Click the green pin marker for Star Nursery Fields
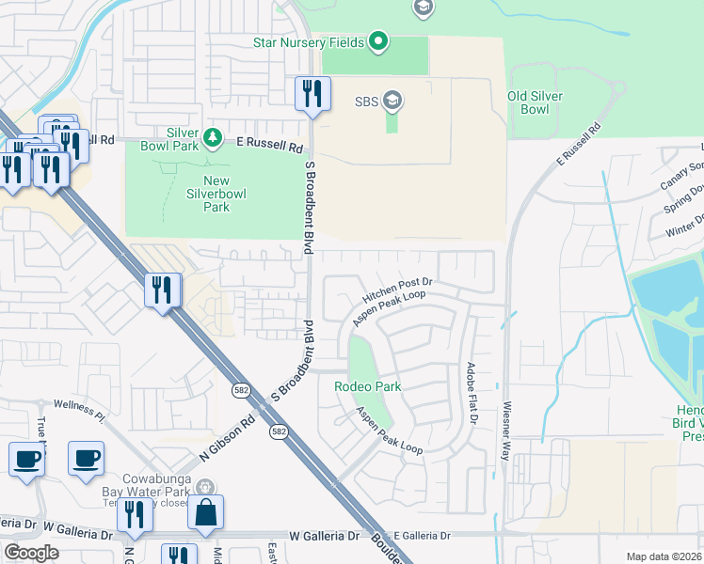pyautogui.click(x=377, y=40)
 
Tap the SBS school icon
pyautogui.click(x=392, y=100)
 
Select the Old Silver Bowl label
pyautogui.click(x=535, y=102)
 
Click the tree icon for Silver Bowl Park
pyautogui.click(x=214, y=139)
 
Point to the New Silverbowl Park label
pyautogui.click(x=203, y=194)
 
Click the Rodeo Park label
pyautogui.click(x=368, y=386)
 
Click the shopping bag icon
pyautogui.click(x=205, y=513)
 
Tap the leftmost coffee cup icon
pyautogui.click(x=26, y=459)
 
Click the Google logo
pyautogui.click(x=31, y=553)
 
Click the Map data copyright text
pyautogui.click(x=664, y=556)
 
